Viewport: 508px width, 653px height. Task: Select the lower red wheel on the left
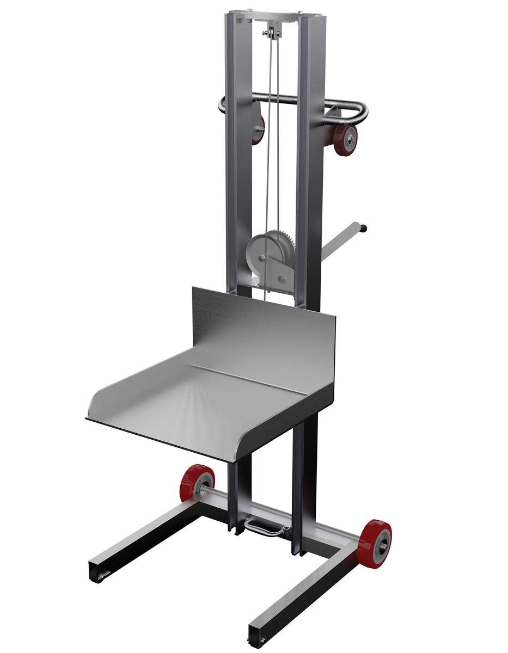coord(197,482)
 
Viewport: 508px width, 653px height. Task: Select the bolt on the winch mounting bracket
coord(281,279)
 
